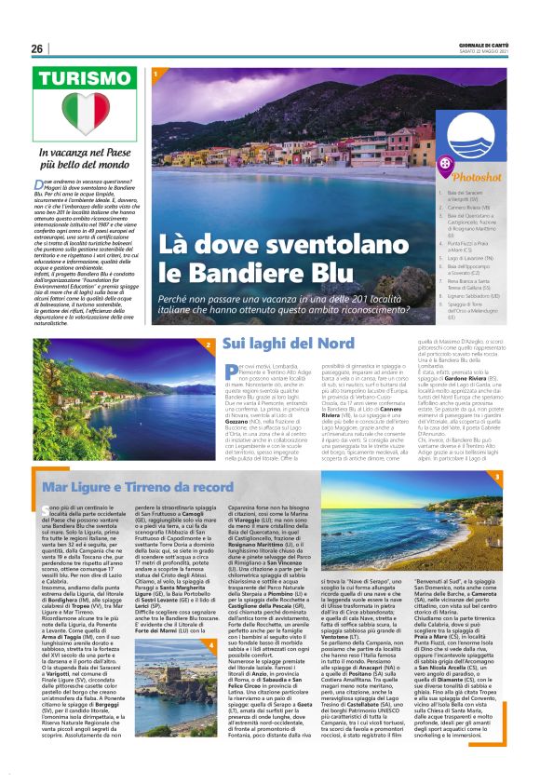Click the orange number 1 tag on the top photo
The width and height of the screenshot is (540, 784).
(156, 73)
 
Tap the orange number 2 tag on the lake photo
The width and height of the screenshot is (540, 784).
(208, 344)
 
